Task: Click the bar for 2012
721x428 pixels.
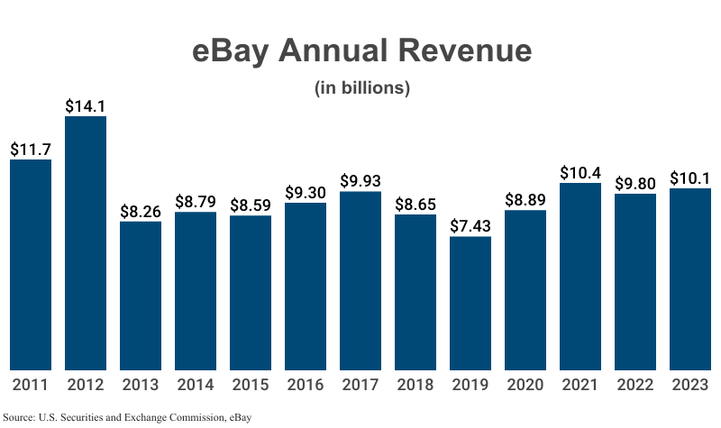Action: click(86, 243)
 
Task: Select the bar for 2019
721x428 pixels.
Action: click(470, 303)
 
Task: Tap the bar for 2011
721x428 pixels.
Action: click(31, 265)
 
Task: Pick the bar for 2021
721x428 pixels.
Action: click(580, 276)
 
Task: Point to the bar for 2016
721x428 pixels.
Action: click(306, 286)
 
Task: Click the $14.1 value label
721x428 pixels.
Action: click(86, 105)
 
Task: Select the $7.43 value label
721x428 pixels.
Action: click(470, 225)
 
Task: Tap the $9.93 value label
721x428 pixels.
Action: click(360, 180)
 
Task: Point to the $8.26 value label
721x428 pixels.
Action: click(141, 211)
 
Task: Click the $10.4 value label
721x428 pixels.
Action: click(580, 172)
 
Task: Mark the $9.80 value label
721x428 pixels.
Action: click(635, 183)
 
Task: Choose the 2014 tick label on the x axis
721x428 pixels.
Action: click(196, 385)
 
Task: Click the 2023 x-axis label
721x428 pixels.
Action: click(690, 385)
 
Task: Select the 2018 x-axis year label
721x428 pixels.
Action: click(415, 385)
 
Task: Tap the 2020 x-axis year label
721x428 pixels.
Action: click(525, 385)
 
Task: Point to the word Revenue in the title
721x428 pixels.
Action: click(469, 51)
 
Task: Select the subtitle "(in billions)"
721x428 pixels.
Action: click(361, 88)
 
